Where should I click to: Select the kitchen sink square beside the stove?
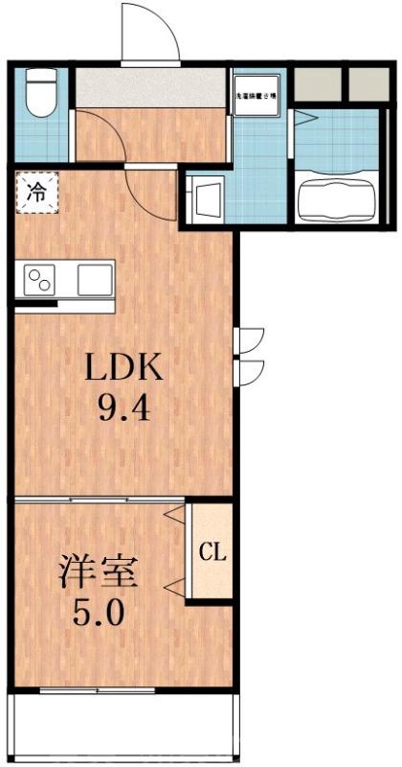94,280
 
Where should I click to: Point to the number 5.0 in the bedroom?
99,612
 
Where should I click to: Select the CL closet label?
212,552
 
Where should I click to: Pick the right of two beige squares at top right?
366,84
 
